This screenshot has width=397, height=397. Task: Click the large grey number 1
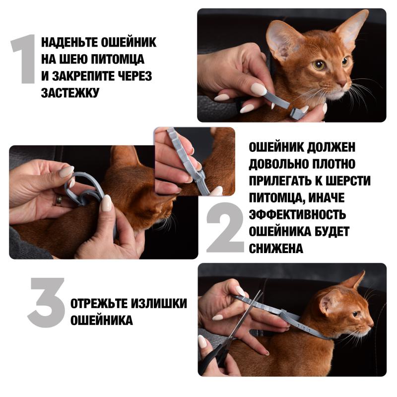[24, 59]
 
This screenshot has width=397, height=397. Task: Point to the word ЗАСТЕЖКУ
[70, 92]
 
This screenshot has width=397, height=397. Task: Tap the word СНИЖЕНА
[275, 248]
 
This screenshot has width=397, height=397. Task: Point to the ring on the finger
[59, 199]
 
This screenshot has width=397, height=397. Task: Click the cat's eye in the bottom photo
[355, 314]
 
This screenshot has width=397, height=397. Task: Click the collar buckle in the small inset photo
[199, 173]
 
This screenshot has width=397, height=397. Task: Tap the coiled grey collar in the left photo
[82, 189]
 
